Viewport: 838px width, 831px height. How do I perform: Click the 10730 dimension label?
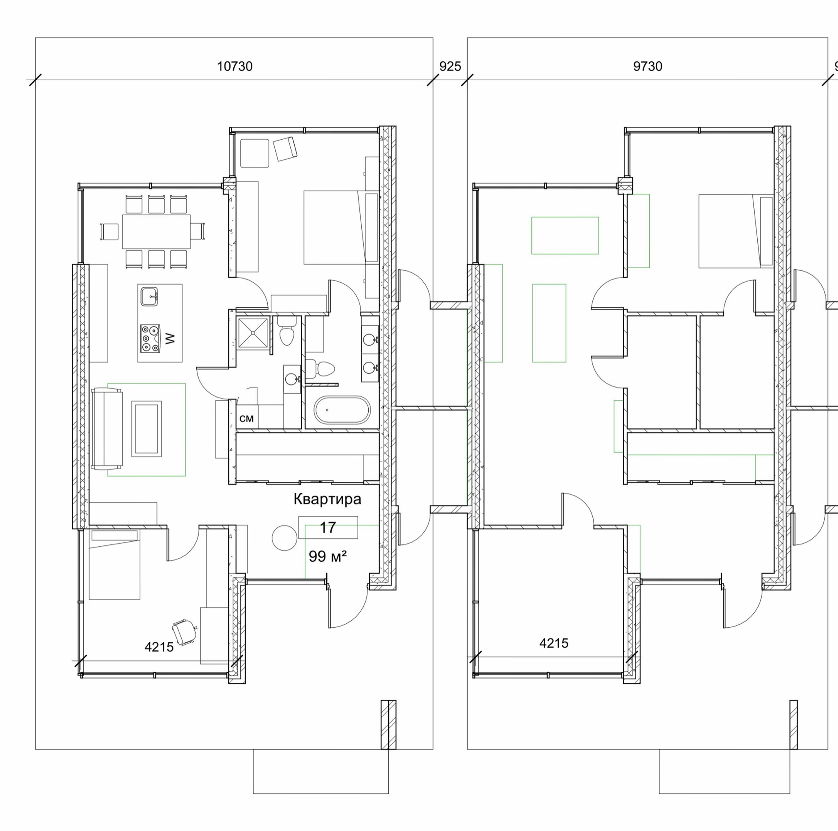pyautogui.click(x=235, y=67)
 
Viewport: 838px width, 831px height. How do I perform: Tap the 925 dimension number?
pyautogui.click(x=450, y=67)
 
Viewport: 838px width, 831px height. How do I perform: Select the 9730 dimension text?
pyautogui.click(x=647, y=67)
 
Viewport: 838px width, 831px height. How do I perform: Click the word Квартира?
pyautogui.click(x=327, y=499)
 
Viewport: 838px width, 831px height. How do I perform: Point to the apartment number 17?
pyautogui.click(x=328, y=528)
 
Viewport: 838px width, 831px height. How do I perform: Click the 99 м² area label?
pyautogui.click(x=327, y=556)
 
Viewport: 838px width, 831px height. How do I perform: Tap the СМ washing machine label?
pyautogui.click(x=247, y=418)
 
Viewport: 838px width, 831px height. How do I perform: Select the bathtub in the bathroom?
pyautogui.click(x=342, y=410)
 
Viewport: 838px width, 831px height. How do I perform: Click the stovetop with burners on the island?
pyautogui.click(x=150, y=338)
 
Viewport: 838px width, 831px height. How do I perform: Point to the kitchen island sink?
pyautogui.click(x=149, y=296)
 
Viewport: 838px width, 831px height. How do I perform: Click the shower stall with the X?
pyautogui.click(x=253, y=333)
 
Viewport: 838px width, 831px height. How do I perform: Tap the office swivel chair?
pyautogui.click(x=184, y=632)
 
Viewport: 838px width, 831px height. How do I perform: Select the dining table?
pyautogui.click(x=156, y=231)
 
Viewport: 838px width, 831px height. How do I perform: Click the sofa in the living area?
pyautogui.click(x=107, y=428)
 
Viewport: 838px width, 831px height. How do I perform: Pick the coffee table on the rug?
pyautogui.click(x=146, y=429)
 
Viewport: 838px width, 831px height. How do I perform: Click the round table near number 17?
pyautogui.click(x=284, y=538)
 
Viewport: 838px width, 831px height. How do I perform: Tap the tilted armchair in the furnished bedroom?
pyautogui.click(x=285, y=149)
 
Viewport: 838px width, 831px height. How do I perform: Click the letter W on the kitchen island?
pyautogui.click(x=170, y=339)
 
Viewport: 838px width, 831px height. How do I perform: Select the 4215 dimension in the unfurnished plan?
pyautogui.click(x=554, y=643)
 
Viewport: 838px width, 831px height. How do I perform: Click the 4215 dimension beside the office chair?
pyautogui.click(x=159, y=647)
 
